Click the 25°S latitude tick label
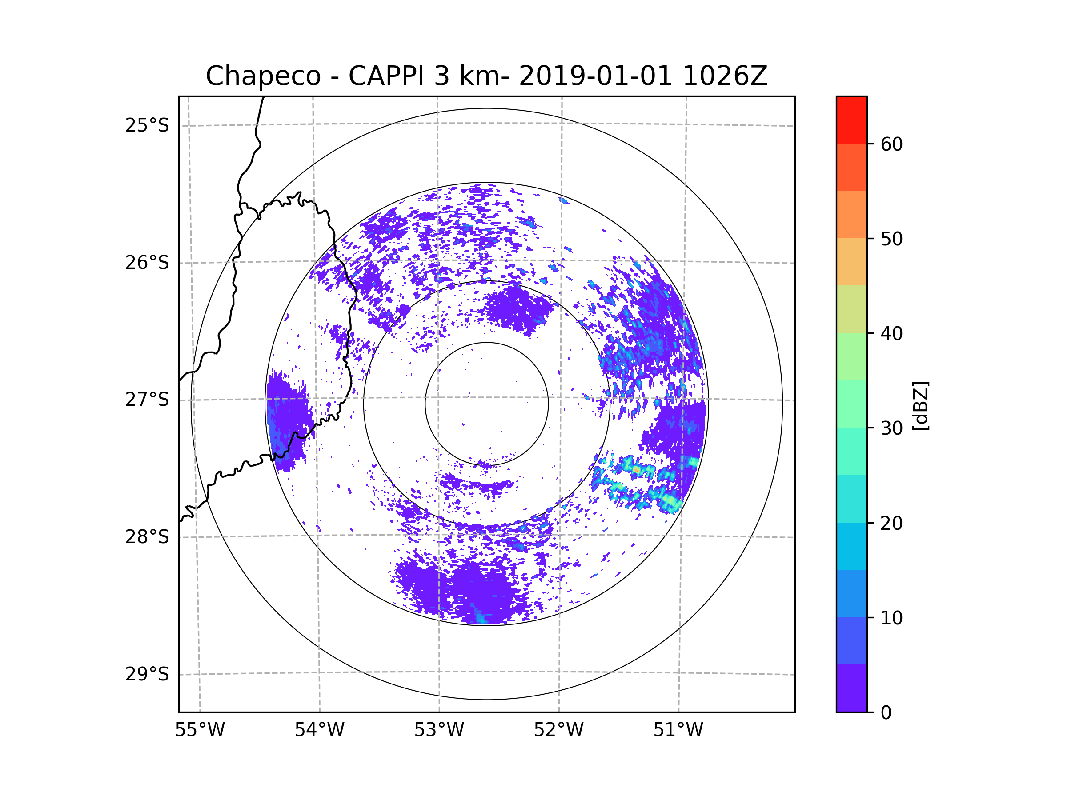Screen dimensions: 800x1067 click(x=147, y=125)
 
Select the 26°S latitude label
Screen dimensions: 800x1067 click(x=147, y=263)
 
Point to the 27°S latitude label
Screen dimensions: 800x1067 click(x=147, y=400)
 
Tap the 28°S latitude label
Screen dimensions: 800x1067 click(x=147, y=537)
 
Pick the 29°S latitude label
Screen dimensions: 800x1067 click(x=147, y=674)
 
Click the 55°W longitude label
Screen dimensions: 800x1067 click(x=200, y=730)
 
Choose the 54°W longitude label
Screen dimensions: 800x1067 click(x=319, y=730)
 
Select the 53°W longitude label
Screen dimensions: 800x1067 click(x=439, y=730)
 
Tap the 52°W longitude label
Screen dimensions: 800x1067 click(x=558, y=730)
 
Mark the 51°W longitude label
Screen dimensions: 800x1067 click(x=678, y=730)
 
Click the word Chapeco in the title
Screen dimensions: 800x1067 click(x=263, y=76)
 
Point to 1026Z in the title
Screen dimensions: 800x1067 click(x=725, y=76)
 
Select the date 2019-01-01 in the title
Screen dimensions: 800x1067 click(x=595, y=76)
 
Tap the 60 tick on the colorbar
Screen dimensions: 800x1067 click(x=891, y=144)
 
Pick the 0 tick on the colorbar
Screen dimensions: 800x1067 click(x=886, y=713)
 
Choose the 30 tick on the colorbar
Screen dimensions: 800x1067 click(x=891, y=428)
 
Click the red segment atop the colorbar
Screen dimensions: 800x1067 click(x=851, y=120)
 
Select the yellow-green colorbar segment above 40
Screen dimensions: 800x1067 click(x=851, y=309)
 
